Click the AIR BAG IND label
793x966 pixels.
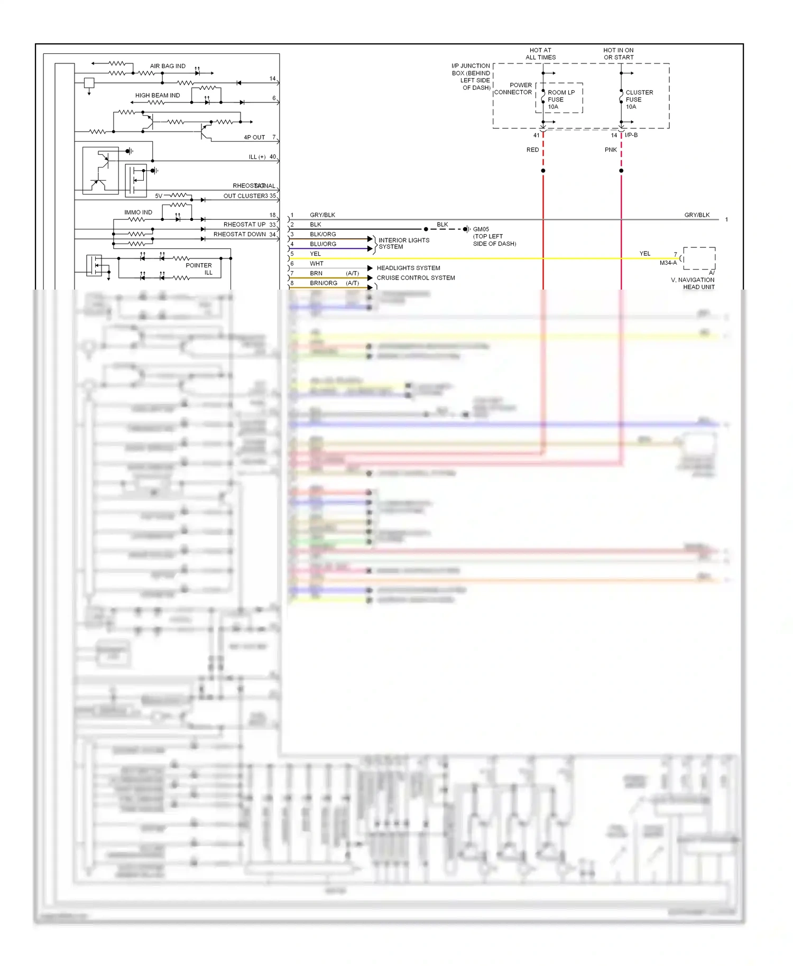coord(168,66)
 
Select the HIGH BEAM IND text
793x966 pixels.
coord(157,96)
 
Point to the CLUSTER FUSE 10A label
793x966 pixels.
coord(639,99)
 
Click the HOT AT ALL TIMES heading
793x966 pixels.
coord(540,54)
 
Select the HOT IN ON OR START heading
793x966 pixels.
coord(619,54)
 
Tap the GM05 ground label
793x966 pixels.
coord(481,229)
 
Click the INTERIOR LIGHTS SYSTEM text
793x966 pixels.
coord(403,244)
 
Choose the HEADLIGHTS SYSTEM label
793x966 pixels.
coord(408,268)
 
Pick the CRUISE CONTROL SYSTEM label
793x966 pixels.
coord(416,278)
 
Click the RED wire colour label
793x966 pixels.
coord(532,150)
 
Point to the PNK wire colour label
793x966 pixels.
coord(611,150)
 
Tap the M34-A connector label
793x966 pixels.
coord(668,263)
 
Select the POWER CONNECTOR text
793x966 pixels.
coord(513,89)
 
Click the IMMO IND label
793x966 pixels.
coord(138,212)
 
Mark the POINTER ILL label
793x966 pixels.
coord(199,269)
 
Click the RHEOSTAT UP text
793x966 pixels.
coord(244,225)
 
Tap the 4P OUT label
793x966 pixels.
coord(254,137)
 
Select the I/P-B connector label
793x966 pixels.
coord(631,135)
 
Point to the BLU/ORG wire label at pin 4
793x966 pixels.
coord(323,244)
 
